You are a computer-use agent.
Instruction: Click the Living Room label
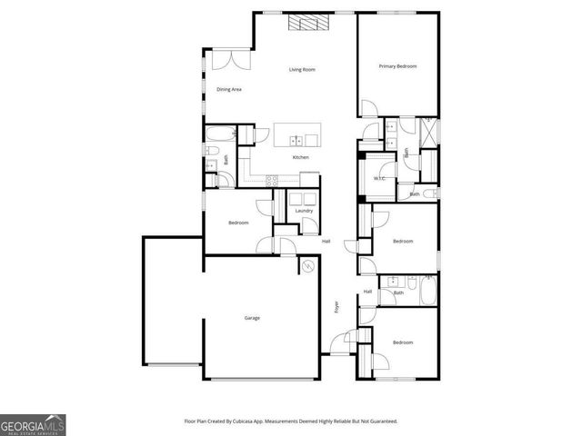point(301,69)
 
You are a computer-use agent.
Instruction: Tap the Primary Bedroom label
point(397,66)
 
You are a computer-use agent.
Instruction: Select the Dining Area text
point(229,89)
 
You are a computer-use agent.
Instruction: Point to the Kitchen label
point(300,157)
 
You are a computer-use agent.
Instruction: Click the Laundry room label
point(304,211)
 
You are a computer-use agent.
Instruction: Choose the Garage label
point(252,318)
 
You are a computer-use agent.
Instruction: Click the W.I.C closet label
point(381,178)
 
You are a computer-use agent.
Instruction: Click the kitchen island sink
point(296,140)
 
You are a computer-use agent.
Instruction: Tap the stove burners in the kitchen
point(271,181)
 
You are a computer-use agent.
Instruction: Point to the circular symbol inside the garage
point(308,266)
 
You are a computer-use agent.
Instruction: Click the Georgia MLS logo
point(33,424)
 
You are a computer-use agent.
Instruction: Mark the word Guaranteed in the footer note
point(381,421)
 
